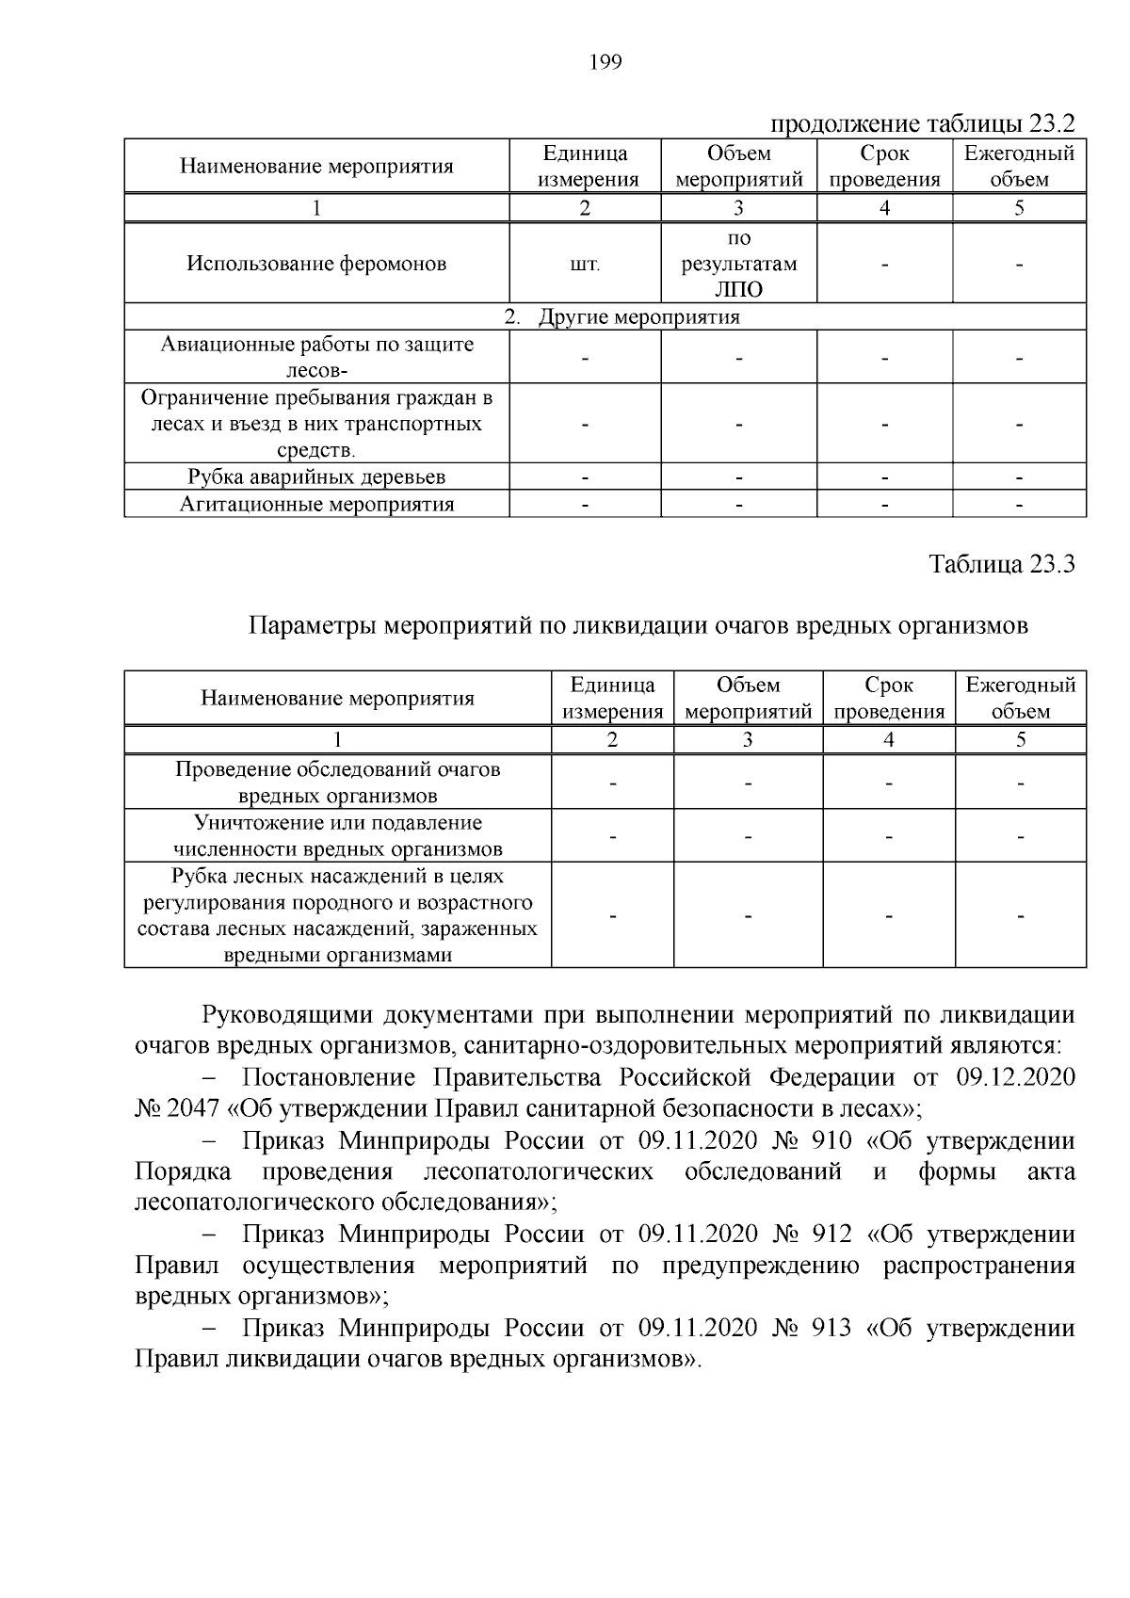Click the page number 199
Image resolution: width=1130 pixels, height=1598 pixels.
[x=605, y=63]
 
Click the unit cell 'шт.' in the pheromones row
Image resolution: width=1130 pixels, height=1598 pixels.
[x=585, y=265]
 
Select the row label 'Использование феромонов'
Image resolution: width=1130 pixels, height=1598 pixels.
[x=316, y=264]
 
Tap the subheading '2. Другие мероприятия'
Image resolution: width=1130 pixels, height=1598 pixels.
[x=622, y=317]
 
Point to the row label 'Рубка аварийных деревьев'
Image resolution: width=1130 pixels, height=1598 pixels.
[x=316, y=477]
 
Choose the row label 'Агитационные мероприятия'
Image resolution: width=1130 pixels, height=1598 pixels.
[x=316, y=505]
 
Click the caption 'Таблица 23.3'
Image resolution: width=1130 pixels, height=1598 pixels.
[x=1002, y=564]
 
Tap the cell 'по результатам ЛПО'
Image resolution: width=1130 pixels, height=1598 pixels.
[x=739, y=265]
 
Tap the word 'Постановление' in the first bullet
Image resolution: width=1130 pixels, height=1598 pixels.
[x=329, y=1077]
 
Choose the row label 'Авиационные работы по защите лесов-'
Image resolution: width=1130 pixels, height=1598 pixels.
[x=316, y=357]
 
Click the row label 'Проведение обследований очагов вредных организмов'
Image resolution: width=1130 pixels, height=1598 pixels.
[x=337, y=783]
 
